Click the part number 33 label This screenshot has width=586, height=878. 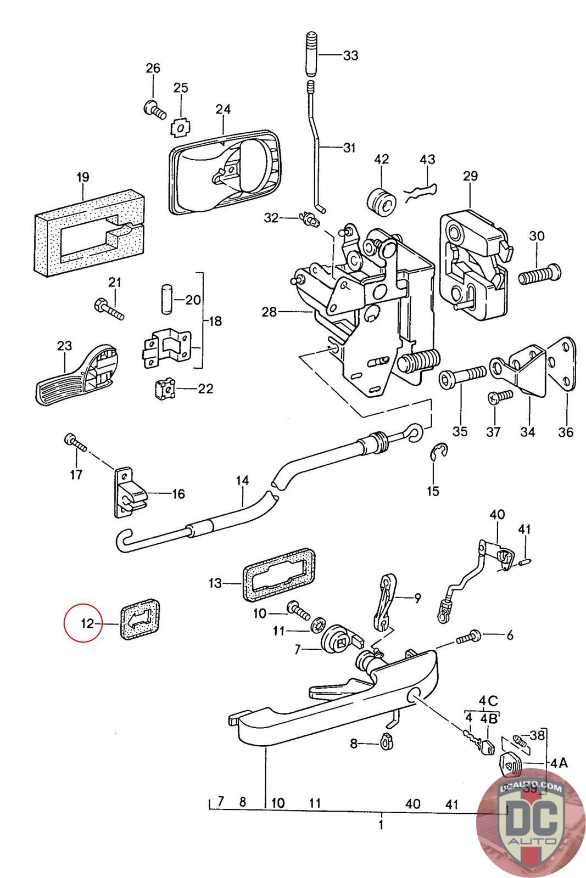[350, 55]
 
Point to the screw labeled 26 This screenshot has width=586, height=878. [154, 109]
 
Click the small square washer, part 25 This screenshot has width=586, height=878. [180, 128]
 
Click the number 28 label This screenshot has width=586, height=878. [270, 312]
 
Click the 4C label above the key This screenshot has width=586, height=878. [488, 701]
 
